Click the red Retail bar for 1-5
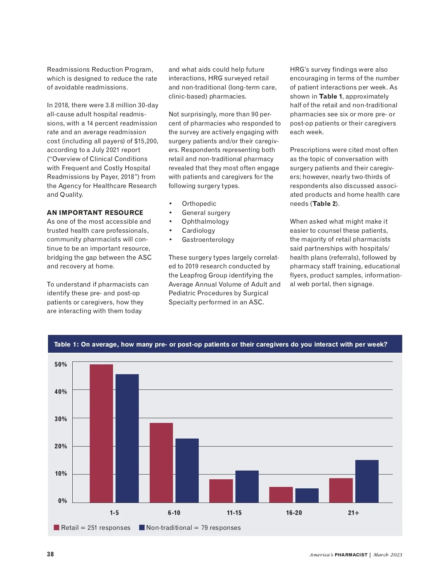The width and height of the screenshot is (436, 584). pos(101,433)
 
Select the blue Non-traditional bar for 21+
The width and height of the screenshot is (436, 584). pos(367,481)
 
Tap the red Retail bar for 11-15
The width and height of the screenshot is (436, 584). pos(221,491)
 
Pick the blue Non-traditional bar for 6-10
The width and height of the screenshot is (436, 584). pos(187,471)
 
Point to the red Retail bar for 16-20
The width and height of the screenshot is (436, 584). pos(281,495)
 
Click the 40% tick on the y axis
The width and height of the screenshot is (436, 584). pos(61,392)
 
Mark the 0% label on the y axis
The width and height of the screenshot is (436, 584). pos(62,501)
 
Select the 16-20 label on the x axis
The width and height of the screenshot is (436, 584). pos(294,513)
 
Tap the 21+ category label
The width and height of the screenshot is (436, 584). pos(354,513)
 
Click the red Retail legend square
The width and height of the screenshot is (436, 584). pos(57,527)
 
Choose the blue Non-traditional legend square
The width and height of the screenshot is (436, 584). pos(142,527)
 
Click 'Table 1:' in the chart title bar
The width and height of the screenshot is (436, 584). pos(66,344)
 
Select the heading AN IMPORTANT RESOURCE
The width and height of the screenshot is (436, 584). pos(95,213)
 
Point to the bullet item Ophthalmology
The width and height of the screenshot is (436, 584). pos(205,221)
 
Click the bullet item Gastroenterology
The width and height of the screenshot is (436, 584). pos(208,240)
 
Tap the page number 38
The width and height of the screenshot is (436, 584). pos(50,554)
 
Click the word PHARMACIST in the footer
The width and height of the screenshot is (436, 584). pos(351,555)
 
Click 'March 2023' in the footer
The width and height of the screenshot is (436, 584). pos(388,555)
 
